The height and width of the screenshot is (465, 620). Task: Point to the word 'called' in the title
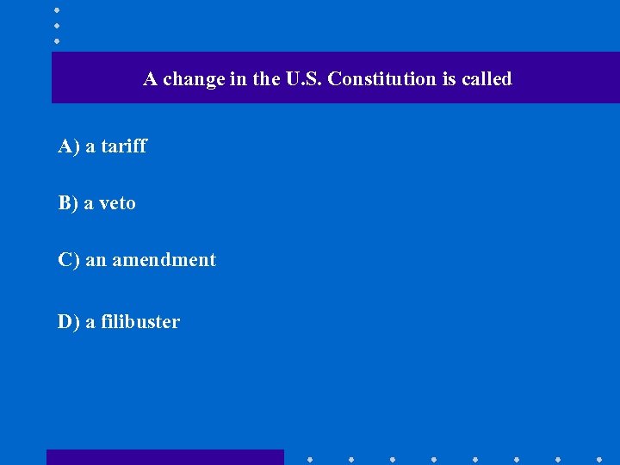[487, 79]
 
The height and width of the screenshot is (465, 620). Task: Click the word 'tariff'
[124, 146]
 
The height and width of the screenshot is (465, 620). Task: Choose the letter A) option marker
[69, 146]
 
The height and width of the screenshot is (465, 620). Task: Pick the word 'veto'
[118, 203]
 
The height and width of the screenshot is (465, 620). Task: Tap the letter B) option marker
[68, 203]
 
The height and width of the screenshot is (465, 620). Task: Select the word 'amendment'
[164, 260]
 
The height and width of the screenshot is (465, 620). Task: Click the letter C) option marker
[69, 260]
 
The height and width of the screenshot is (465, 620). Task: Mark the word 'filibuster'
[140, 322]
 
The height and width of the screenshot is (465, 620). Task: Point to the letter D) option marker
[69, 322]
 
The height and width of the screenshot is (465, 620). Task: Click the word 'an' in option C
[95, 260]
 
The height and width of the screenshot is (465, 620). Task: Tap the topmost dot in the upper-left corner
[57, 9]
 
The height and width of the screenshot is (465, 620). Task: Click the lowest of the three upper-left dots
[57, 40]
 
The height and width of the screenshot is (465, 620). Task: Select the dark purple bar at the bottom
[164, 457]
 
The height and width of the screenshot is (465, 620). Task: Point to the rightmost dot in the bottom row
[599, 460]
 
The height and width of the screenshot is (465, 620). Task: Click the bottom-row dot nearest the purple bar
[309, 460]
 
